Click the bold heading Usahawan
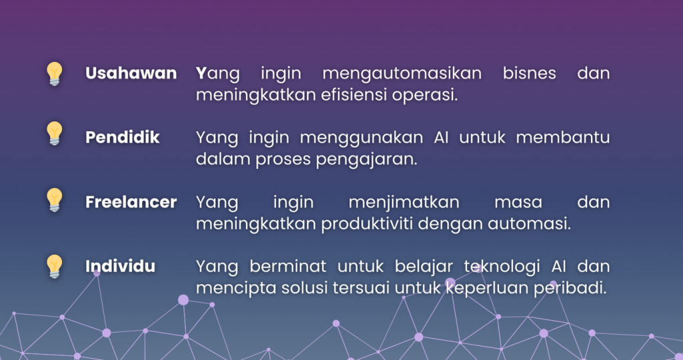click(131, 73)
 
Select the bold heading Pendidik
click(122, 137)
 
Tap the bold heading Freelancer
click(131, 202)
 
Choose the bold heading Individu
click(120, 267)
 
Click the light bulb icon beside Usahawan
click(54, 73)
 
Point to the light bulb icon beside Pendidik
click(54, 133)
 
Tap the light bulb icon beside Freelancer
click(54, 199)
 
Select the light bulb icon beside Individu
click(54, 266)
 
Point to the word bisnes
click(529, 73)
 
